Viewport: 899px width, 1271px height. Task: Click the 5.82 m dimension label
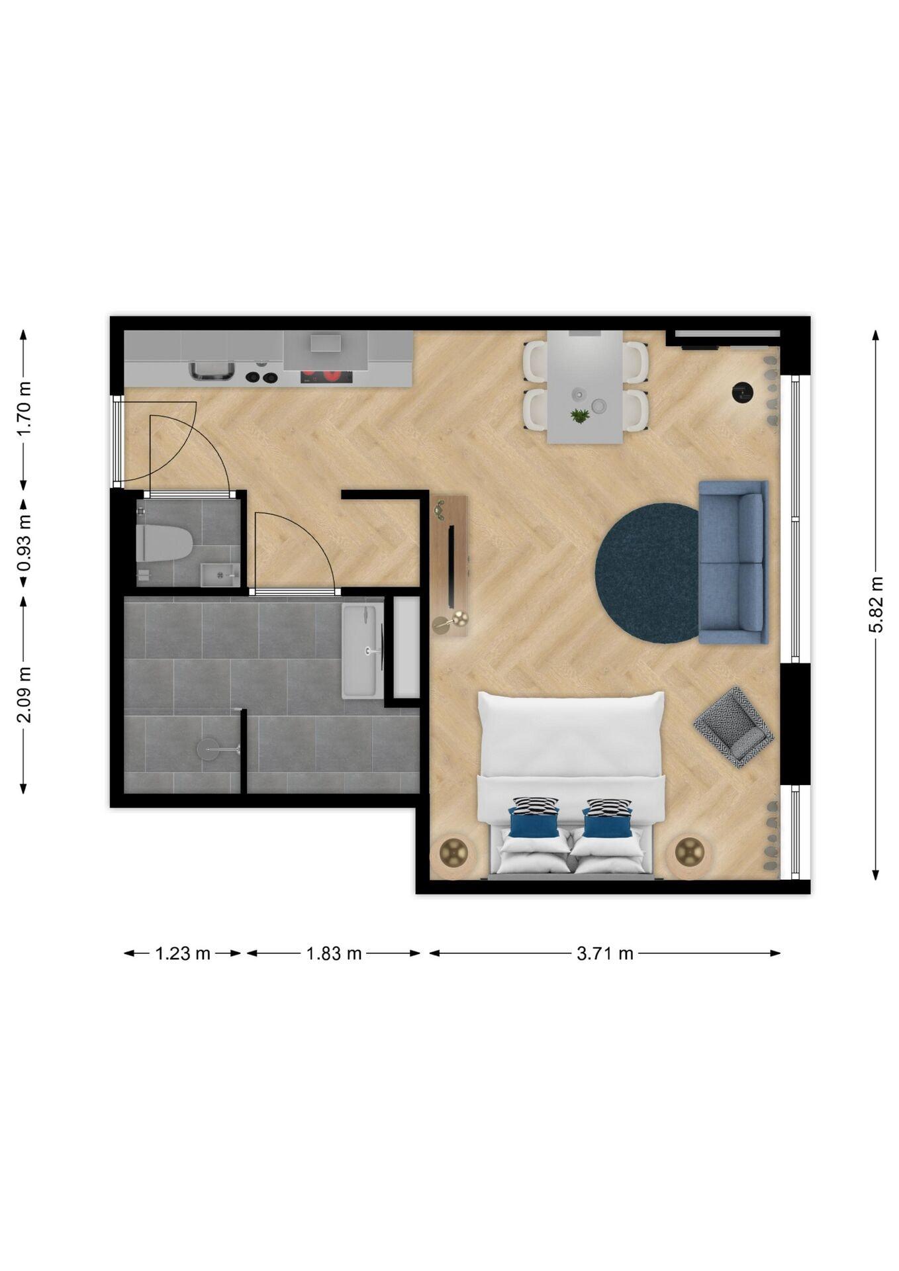[x=875, y=604]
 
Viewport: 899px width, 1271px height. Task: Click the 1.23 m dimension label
[x=183, y=953]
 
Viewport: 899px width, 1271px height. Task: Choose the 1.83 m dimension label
[x=334, y=953]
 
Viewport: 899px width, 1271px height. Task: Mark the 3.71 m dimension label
[x=604, y=953]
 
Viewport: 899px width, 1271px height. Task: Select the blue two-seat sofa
[x=733, y=562]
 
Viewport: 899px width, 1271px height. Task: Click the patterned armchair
[x=733, y=726]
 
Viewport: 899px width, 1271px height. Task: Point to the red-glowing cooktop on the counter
[x=326, y=377]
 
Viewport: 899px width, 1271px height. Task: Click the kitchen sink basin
[x=212, y=371]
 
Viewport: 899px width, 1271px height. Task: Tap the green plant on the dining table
[x=580, y=416]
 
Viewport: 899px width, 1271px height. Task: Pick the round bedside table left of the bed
[x=453, y=853]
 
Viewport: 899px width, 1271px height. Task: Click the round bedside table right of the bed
[x=688, y=852]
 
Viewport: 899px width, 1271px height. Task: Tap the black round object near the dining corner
[x=743, y=392]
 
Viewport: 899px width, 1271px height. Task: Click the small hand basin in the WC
[x=218, y=575]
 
